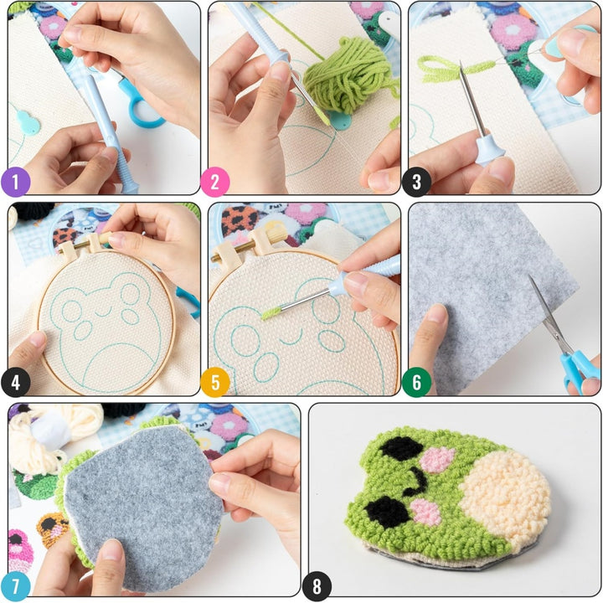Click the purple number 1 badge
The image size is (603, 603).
tap(16, 181)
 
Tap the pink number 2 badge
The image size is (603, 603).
tap(215, 181)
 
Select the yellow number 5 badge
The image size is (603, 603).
tap(215, 382)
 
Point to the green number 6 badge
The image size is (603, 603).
tap(416, 382)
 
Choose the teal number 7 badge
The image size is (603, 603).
tap(16, 585)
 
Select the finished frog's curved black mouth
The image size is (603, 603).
tap(414, 481)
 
